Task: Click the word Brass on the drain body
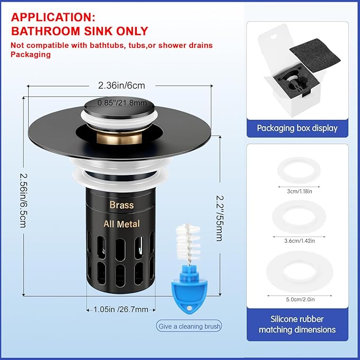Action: [121, 205]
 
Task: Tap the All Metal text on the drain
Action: [121, 224]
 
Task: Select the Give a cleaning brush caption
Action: [189, 326]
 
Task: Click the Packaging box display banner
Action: [297, 128]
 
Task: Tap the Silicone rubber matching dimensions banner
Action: [297, 324]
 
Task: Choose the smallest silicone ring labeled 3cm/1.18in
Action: [297, 171]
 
